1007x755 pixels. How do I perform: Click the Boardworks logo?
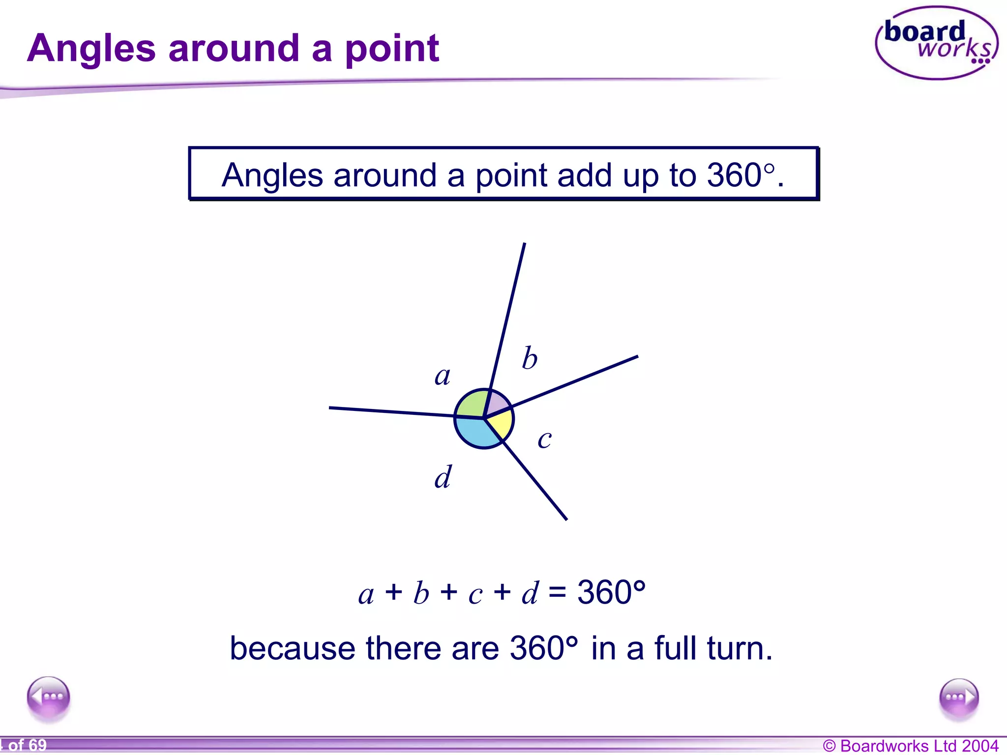(x=936, y=43)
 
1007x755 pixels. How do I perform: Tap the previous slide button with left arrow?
(x=49, y=697)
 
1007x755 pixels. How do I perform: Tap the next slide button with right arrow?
(x=958, y=698)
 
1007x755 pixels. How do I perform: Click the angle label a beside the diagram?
(x=443, y=377)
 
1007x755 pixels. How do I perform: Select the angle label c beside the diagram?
(x=544, y=439)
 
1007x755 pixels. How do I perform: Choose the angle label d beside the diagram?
(x=443, y=477)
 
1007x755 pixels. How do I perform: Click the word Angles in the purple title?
(x=91, y=49)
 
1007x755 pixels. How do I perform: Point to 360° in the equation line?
(x=611, y=592)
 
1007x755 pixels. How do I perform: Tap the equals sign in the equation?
(x=558, y=592)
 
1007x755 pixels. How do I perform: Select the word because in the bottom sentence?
(x=292, y=648)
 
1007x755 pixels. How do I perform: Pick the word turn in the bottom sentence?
(x=739, y=648)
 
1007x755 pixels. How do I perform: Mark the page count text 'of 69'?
(x=27, y=745)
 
